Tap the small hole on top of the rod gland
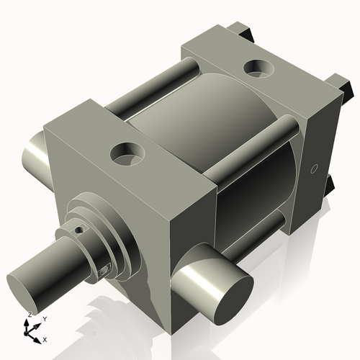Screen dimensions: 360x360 click(x=78, y=230)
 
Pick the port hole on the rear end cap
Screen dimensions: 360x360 click(x=257, y=68)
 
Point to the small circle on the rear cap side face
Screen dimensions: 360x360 click(x=313, y=169)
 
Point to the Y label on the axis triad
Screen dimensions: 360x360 click(x=44, y=318)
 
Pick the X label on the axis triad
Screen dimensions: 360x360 click(x=45, y=338)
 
